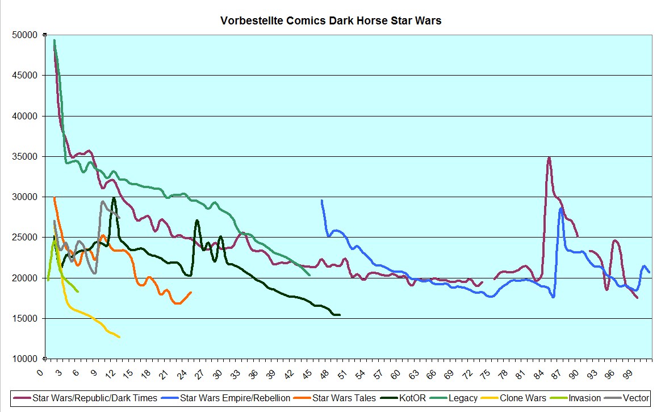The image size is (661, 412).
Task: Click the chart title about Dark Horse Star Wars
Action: click(330, 21)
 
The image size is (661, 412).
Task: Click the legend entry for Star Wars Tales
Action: click(344, 398)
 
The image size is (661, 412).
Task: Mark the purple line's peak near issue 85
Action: click(549, 157)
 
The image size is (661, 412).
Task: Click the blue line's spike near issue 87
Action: click(561, 209)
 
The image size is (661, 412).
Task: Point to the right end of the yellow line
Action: click(119, 337)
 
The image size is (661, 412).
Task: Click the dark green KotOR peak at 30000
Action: click(114, 198)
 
